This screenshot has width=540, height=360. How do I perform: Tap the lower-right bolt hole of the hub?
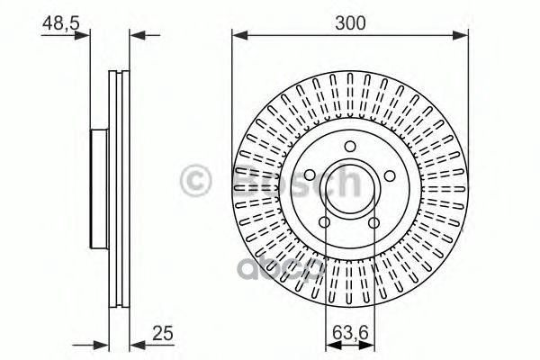[x=373, y=222]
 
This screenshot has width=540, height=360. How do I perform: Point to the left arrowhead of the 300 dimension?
[x=238, y=36]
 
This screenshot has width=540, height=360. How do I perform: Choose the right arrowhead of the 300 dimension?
[x=463, y=36]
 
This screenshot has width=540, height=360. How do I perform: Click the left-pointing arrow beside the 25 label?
[x=136, y=342]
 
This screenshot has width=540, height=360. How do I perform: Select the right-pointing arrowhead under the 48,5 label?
[x=85, y=36]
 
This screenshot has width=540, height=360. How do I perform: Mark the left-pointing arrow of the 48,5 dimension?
[x=136, y=36]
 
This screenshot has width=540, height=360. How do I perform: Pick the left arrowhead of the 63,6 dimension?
[x=328, y=342]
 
